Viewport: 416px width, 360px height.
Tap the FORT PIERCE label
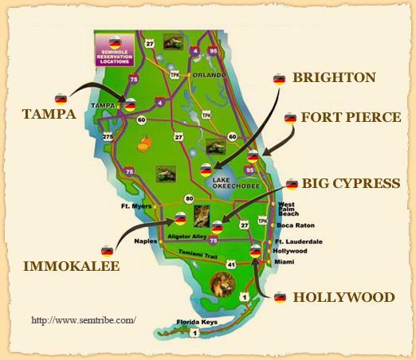[x=351, y=118]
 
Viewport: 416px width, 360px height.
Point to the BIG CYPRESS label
[x=351, y=184]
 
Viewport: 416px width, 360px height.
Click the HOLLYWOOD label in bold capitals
[x=343, y=298]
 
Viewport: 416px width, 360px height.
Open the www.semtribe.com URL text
[x=84, y=320]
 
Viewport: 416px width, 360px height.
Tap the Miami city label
[x=283, y=261]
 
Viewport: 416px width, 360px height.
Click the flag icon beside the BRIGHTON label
[x=279, y=79]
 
